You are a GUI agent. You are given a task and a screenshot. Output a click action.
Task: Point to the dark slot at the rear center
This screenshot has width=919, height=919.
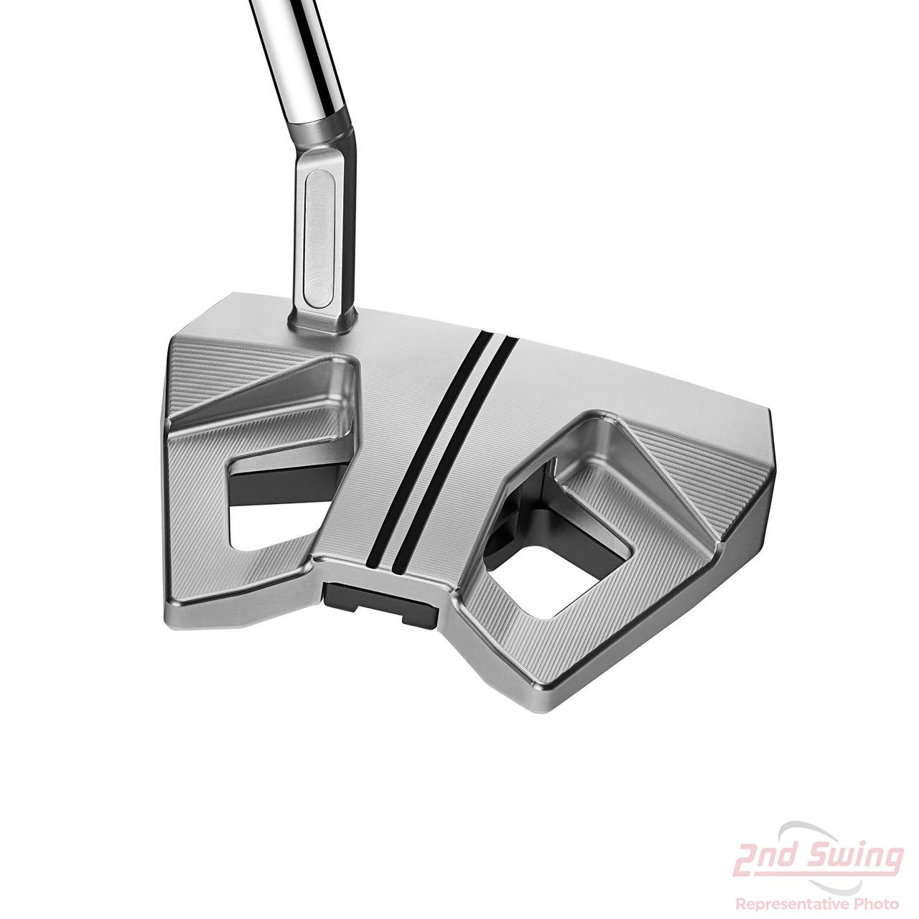380,602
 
